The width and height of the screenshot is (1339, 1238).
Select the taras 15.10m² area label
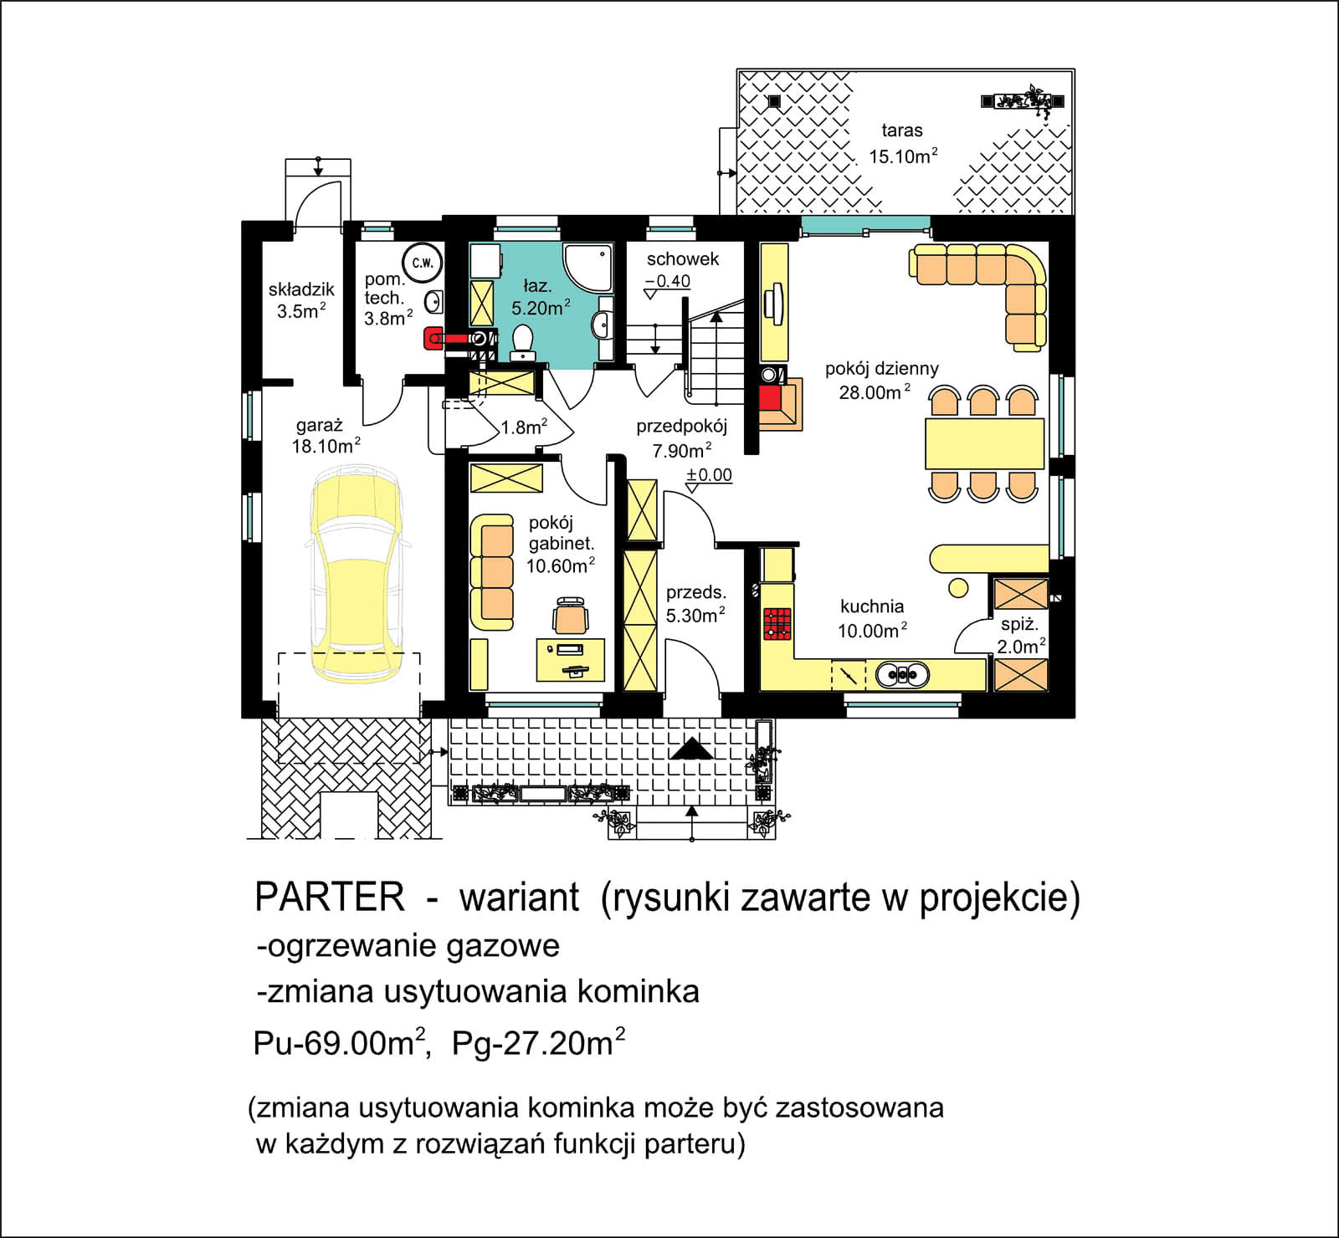pos(902,144)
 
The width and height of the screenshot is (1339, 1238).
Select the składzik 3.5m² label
pos(301,300)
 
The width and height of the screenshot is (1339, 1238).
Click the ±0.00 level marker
pos(709,475)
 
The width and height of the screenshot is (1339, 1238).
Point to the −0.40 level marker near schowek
pos(668,282)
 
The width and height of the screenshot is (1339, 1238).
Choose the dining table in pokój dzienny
pos(984,444)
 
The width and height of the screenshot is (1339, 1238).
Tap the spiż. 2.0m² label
pos(1020,635)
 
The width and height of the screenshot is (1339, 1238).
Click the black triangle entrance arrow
pos(691,749)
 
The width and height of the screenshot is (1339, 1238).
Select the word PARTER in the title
pos(330,898)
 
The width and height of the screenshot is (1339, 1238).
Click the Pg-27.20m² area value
pos(538,1044)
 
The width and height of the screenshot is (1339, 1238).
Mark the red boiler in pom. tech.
pos(434,338)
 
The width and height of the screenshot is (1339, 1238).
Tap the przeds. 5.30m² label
pos(695,604)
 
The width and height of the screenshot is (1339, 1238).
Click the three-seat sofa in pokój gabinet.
pos(492,573)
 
